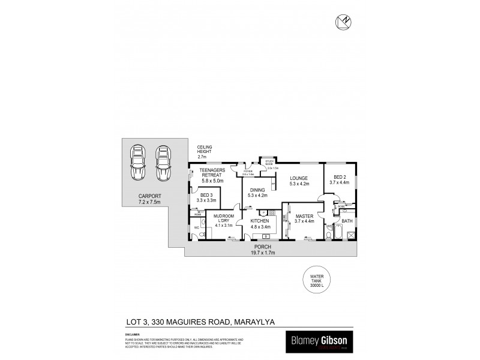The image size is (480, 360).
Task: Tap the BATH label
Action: tap(347, 220)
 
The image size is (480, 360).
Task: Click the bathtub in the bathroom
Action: tap(346, 233)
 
